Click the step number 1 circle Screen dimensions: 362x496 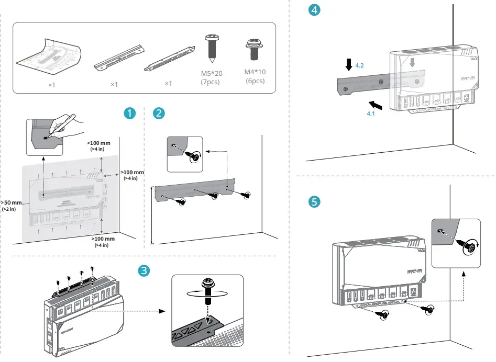click(x=129, y=114)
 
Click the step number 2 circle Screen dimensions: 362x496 click(x=159, y=114)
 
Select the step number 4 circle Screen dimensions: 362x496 click(x=313, y=9)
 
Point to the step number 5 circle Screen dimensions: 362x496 click(x=314, y=201)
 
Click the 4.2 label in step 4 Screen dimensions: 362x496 click(x=359, y=66)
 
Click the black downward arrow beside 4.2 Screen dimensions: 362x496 click(x=349, y=65)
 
